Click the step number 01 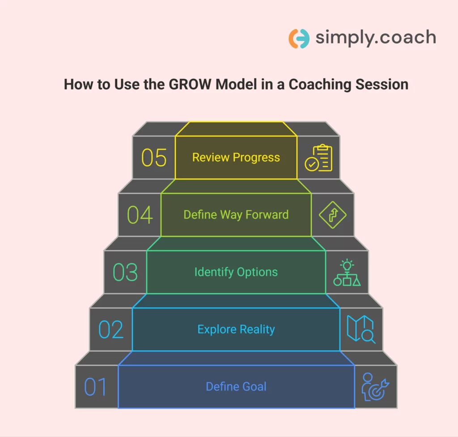click(x=96, y=387)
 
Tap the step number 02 click(x=111, y=330)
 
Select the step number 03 click(x=125, y=272)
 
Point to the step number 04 click(x=140, y=215)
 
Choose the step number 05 click(x=154, y=158)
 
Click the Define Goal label click(x=236, y=386)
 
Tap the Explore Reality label click(x=236, y=330)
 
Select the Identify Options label click(x=236, y=272)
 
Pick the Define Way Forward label click(x=236, y=215)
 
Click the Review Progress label click(x=236, y=158)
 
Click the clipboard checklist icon click(x=318, y=158)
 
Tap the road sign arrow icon click(x=333, y=215)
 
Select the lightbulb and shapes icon click(x=347, y=272)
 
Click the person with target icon click(x=375, y=387)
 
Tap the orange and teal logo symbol click(x=299, y=39)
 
